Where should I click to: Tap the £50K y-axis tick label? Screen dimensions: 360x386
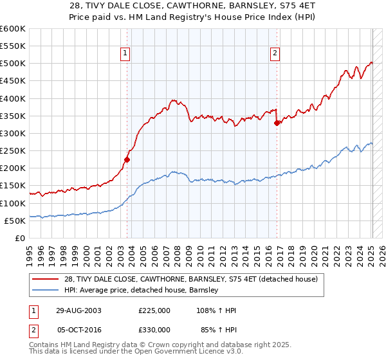15,221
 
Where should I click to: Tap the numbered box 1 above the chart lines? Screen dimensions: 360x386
125,54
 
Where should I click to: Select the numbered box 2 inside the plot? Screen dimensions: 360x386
275,54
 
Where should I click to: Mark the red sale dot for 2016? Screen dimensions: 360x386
277,123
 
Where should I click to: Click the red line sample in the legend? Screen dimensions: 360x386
46,279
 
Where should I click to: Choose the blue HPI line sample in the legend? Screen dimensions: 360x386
46,290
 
